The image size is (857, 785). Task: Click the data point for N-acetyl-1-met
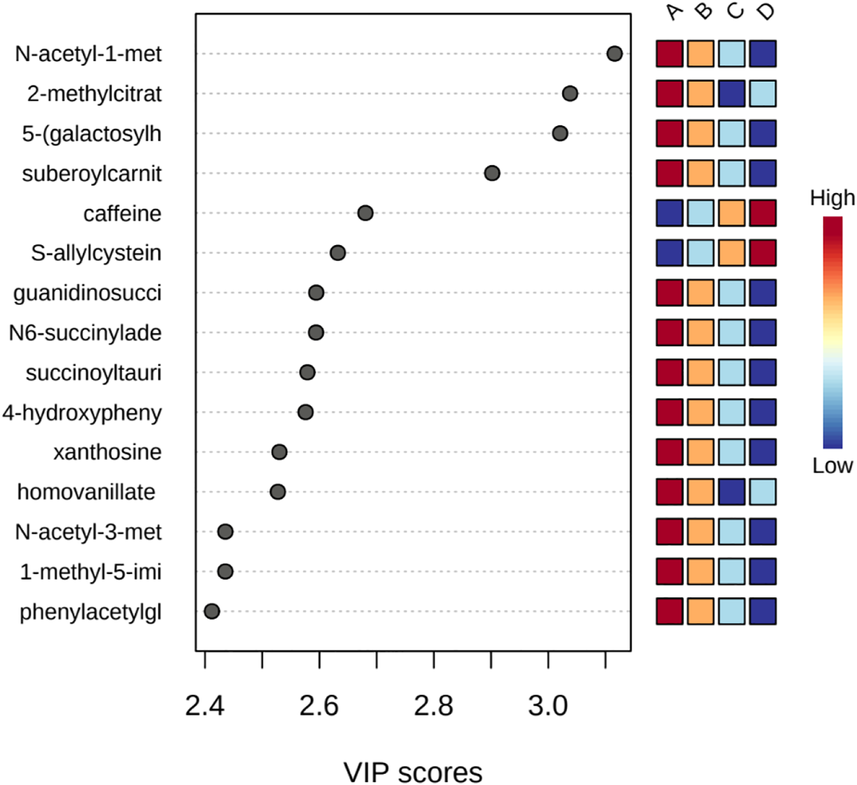coord(614,54)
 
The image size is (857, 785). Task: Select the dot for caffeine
coord(365,213)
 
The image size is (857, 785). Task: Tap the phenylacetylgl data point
coord(211,611)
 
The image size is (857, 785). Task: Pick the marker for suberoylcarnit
coord(491,173)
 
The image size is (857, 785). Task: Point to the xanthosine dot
coord(279,452)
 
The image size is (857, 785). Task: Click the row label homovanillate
coord(86,492)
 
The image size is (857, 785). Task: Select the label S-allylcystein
coord(96,253)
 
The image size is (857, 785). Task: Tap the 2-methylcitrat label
coord(94,94)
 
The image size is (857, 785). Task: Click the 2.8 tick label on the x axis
coord(434,706)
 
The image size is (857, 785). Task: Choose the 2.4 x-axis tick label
coord(205,706)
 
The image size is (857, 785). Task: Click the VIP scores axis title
coord(413,772)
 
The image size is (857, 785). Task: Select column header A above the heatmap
coord(673,12)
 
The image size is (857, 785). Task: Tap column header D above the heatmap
coord(767,12)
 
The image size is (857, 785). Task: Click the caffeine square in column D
coord(763,213)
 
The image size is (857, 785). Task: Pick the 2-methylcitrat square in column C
coord(732,94)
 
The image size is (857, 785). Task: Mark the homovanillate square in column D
coord(763,492)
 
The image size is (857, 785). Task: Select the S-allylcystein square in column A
coord(669,253)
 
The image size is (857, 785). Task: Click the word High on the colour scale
coord(832,198)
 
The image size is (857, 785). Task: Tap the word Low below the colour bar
coord(832,465)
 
